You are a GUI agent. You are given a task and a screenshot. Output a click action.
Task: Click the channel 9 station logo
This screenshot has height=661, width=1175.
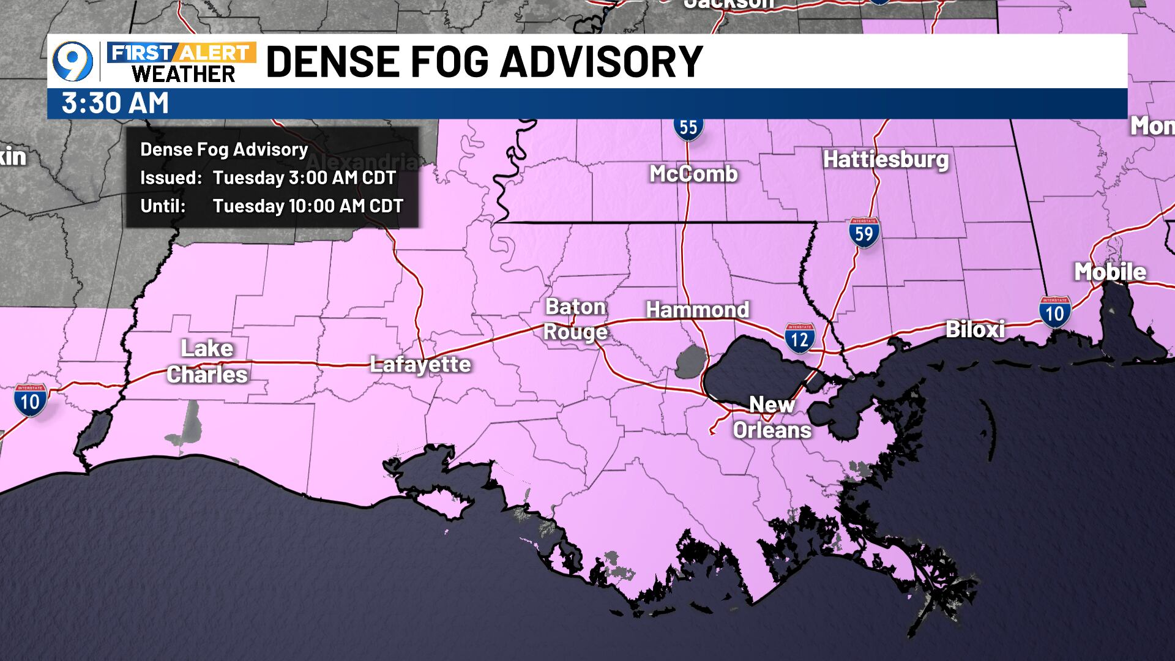[x=73, y=62]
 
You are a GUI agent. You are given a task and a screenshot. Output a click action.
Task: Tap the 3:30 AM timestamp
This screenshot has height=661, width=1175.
[x=115, y=103]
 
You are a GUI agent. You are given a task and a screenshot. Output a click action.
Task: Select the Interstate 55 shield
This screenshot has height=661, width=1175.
[x=688, y=127]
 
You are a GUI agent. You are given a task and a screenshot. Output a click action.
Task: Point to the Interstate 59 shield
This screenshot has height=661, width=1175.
[x=864, y=233]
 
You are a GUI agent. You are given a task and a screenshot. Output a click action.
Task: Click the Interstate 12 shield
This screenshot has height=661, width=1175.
[x=800, y=338]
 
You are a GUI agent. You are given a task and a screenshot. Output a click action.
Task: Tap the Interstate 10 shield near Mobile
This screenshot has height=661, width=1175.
[x=1054, y=313]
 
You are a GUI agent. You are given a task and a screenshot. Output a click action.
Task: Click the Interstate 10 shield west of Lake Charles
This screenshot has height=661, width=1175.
[x=30, y=401]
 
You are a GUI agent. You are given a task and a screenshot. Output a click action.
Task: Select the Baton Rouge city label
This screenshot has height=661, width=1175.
[x=575, y=319]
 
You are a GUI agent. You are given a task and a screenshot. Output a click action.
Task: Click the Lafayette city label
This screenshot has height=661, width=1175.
[x=420, y=365]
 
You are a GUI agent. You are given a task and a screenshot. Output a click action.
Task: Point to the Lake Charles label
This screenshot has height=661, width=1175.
[x=207, y=361]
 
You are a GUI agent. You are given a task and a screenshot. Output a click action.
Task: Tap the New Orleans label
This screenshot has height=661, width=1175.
[x=772, y=417]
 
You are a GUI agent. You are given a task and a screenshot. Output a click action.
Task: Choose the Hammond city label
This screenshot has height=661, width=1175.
[x=697, y=310]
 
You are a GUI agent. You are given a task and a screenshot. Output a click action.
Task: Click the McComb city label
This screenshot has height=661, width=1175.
[x=693, y=174]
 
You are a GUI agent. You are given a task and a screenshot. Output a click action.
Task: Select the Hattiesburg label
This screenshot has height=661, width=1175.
[x=885, y=159]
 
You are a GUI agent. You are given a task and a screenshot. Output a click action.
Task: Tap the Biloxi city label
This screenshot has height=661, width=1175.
[x=975, y=329]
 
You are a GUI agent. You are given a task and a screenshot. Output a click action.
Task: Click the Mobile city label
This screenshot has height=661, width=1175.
[x=1110, y=272]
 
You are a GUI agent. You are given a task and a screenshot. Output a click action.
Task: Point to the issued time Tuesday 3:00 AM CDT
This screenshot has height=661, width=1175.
[x=304, y=178]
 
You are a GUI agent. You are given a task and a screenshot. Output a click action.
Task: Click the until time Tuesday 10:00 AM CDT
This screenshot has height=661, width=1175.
[x=308, y=206]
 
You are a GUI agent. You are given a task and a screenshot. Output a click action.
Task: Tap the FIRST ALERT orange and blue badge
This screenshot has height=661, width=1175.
[x=181, y=53]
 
